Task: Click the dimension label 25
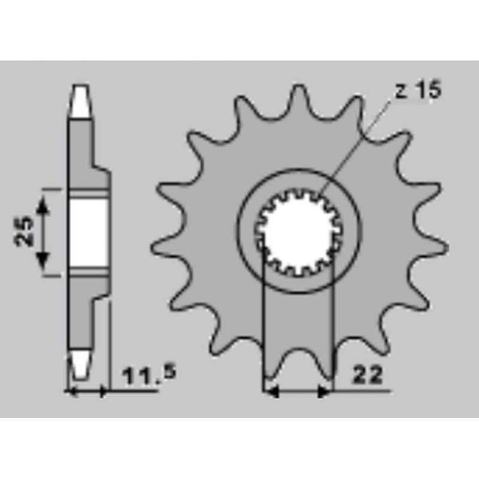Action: pos(23,231)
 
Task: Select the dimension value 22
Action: pos(368,375)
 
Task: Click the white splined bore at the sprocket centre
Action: pos(298,231)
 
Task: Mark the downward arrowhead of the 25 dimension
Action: pos(43,260)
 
